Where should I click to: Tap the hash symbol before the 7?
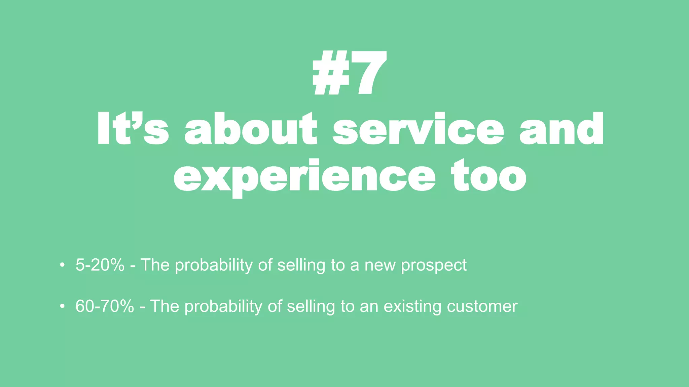(x=330, y=73)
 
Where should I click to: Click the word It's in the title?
(x=133, y=129)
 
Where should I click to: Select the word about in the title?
(x=251, y=129)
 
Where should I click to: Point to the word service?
(x=418, y=129)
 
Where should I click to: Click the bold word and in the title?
(x=561, y=129)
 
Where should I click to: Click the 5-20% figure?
(x=100, y=265)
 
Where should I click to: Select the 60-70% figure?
(x=105, y=306)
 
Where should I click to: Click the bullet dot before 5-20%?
(x=62, y=265)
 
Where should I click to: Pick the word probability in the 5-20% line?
(x=214, y=265)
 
